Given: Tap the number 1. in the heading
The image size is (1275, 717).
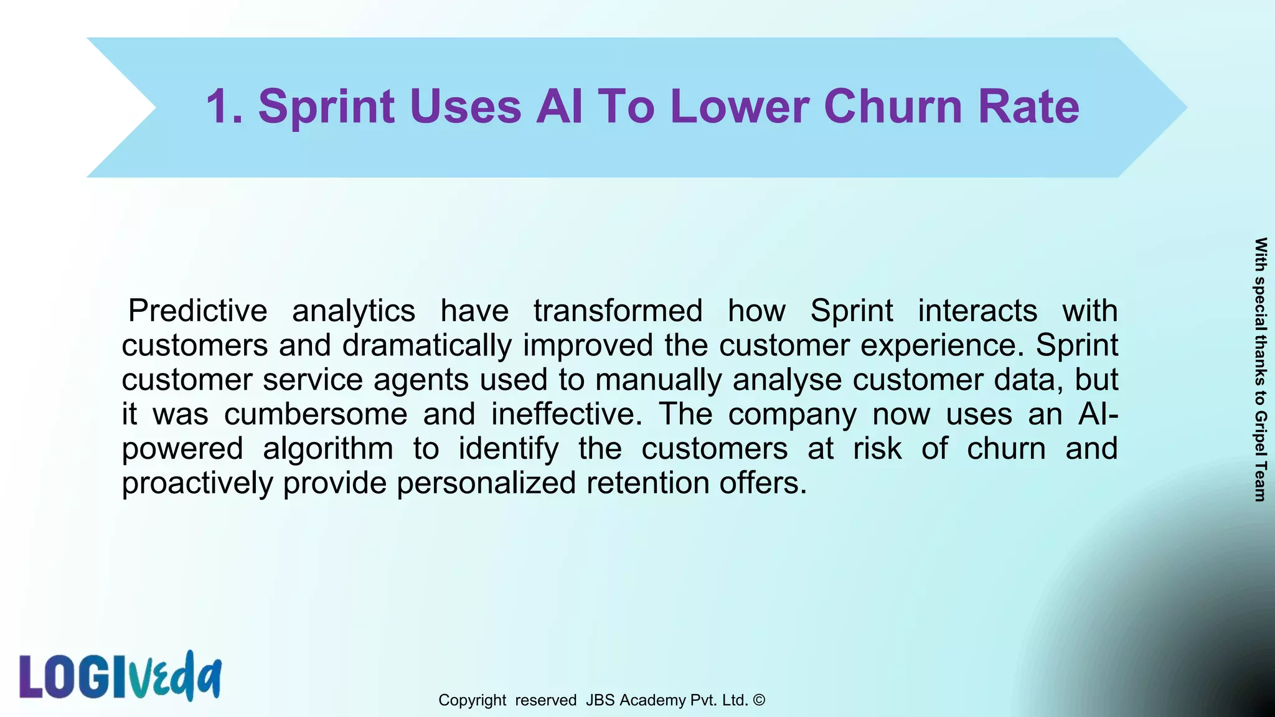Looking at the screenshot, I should click(x=224, y=106).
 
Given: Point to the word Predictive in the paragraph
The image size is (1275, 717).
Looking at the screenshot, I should click(x=197, y=311).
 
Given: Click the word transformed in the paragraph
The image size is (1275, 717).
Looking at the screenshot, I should click(x=618, y=311).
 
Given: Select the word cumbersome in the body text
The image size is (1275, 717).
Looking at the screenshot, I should click(x=316, y=414).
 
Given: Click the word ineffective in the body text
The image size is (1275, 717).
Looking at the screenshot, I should click(x=566, y=414).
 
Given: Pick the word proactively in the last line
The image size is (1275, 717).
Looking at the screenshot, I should click(x=197, y=484).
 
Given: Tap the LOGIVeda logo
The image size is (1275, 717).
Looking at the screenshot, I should click(x=120, y=676).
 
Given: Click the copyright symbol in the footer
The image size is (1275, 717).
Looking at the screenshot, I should click(x=759, y=700).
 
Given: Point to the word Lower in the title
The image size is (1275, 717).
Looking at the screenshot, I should click(x=740, y=106).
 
